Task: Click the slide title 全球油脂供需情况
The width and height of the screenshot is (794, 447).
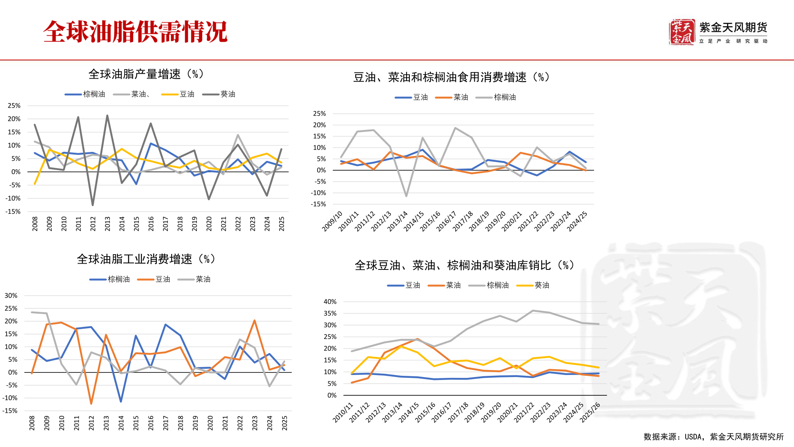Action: [x=135, y=32]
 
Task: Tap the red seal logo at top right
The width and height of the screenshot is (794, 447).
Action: [x=682, y=32]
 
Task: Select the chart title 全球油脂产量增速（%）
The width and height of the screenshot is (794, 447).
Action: [x=146, y=74]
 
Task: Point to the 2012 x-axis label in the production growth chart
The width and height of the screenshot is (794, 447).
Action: [x=93, y=223]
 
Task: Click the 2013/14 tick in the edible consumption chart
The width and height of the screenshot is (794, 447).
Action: [x=398, y=221]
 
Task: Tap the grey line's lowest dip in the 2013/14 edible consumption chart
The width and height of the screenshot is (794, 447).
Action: [x=406, y=196]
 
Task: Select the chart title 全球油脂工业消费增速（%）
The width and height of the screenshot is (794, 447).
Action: [x=146, y=259]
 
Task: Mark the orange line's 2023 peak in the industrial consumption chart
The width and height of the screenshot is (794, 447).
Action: [x=254, y=320]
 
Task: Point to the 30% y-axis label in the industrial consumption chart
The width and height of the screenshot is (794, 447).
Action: [x=11, y=296]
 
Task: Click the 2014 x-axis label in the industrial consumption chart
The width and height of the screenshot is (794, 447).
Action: [x=121, y=423]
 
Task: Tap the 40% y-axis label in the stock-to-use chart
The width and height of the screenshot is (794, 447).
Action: [x=330, y=302]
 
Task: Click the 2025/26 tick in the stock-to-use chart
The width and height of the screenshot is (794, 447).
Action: [x=590, y=412]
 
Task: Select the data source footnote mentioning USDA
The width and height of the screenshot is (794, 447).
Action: [x=713, y=437]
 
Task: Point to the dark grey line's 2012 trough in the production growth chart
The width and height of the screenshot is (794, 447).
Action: [x=93, y=205]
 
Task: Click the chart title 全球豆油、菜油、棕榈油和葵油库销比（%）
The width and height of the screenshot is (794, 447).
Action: [x=464, y=265]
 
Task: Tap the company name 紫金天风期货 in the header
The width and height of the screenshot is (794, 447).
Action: [x=733, y=28]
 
